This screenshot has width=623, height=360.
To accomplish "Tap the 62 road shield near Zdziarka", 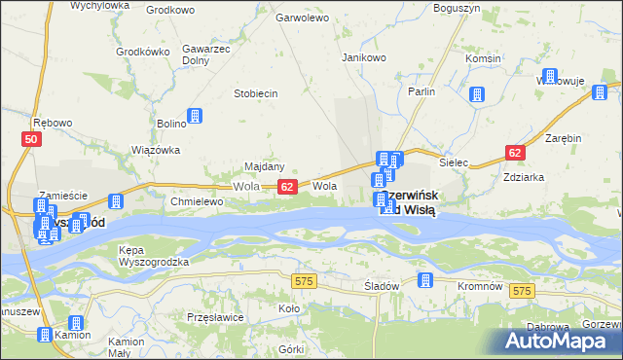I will tap(515, 153).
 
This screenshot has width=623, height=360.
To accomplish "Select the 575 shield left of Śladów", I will tap(303, 280).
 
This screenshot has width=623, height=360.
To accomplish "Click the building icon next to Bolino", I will tap(195, 116).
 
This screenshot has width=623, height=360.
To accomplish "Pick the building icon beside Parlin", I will tap(477, 94).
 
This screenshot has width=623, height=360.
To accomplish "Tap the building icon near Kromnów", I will tap(424, 281).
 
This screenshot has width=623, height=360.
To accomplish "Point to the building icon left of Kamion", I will tap(45, 335).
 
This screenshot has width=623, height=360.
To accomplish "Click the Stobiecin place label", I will tap(256, 93).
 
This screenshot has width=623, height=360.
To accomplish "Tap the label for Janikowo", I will tap(365, 57).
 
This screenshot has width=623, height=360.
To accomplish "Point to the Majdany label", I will tap(264, 166).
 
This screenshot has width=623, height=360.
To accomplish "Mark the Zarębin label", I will tap(563, 138).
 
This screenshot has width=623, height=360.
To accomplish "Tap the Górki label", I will tap(291, 348).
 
